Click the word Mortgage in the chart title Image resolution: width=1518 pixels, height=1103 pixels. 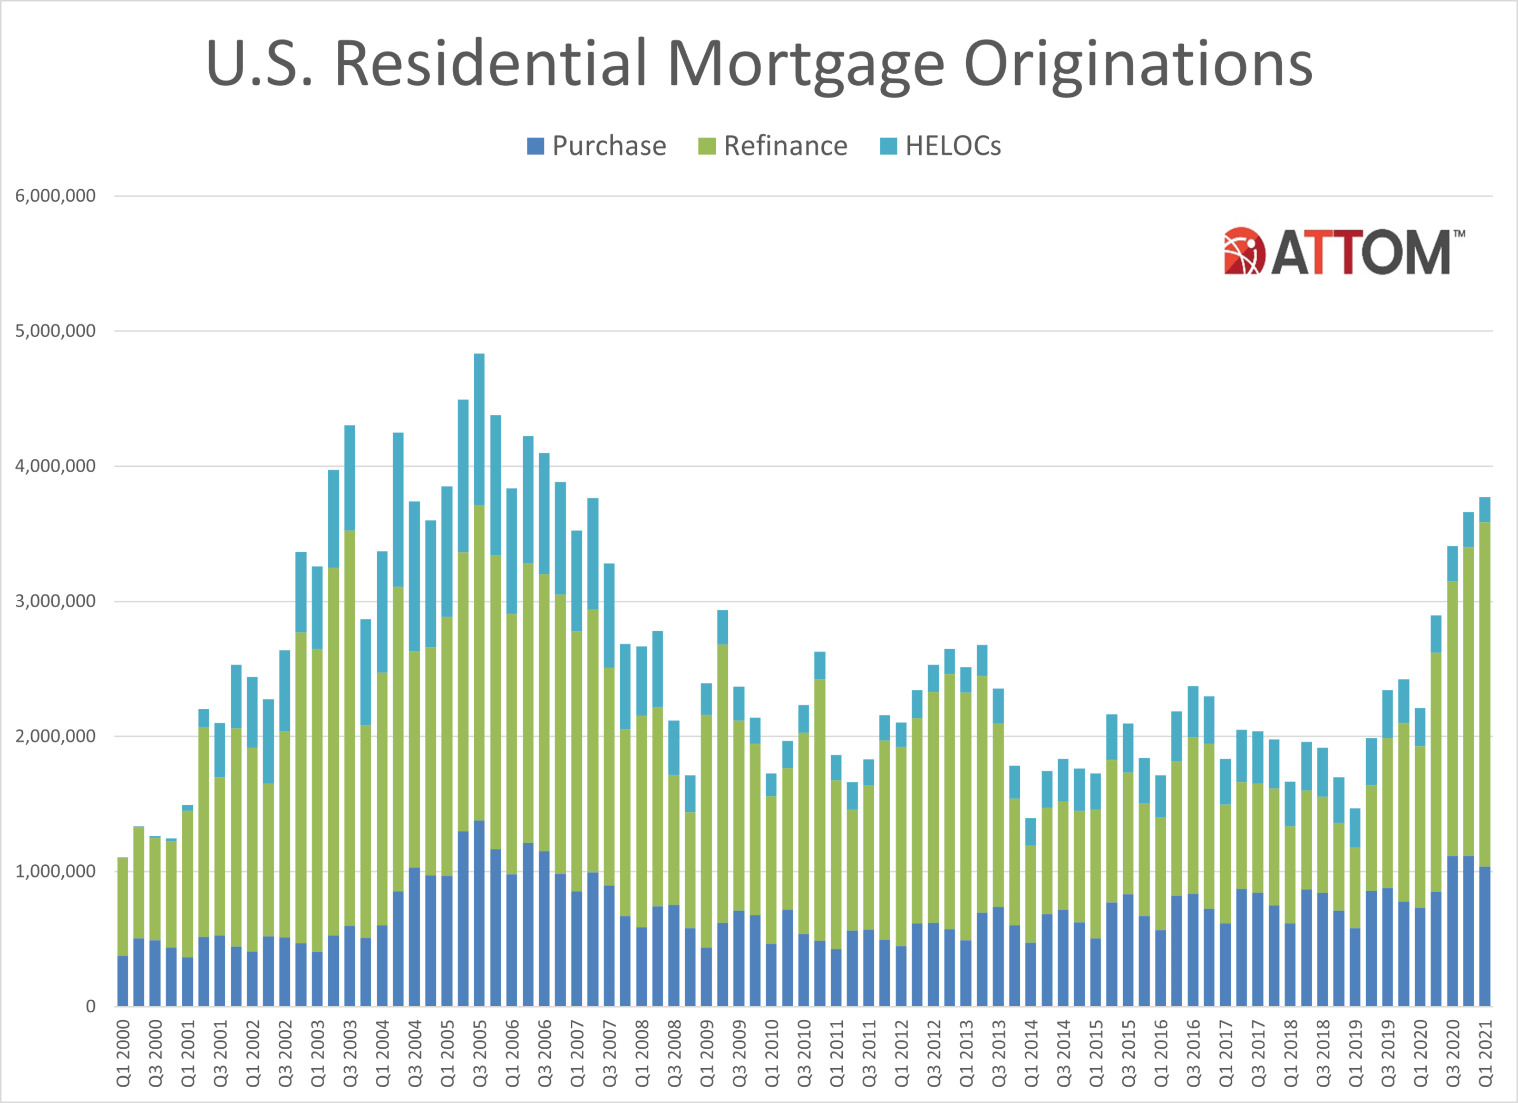[x=806, y=64]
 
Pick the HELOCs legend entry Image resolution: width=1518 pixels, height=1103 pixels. [x=940, y=146]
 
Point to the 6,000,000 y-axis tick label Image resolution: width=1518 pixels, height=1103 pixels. [x=55, y=196]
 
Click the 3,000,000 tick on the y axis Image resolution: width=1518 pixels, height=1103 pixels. [x=55, y=601]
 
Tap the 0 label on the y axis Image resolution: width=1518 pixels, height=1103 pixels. [x=90, y=1006]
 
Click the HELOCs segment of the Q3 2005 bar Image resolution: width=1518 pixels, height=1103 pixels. [x=479, y=428]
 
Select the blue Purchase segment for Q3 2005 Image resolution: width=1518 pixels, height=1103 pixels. [x=479, y=914]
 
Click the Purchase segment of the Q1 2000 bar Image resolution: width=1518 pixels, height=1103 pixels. [x=122, y=981]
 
